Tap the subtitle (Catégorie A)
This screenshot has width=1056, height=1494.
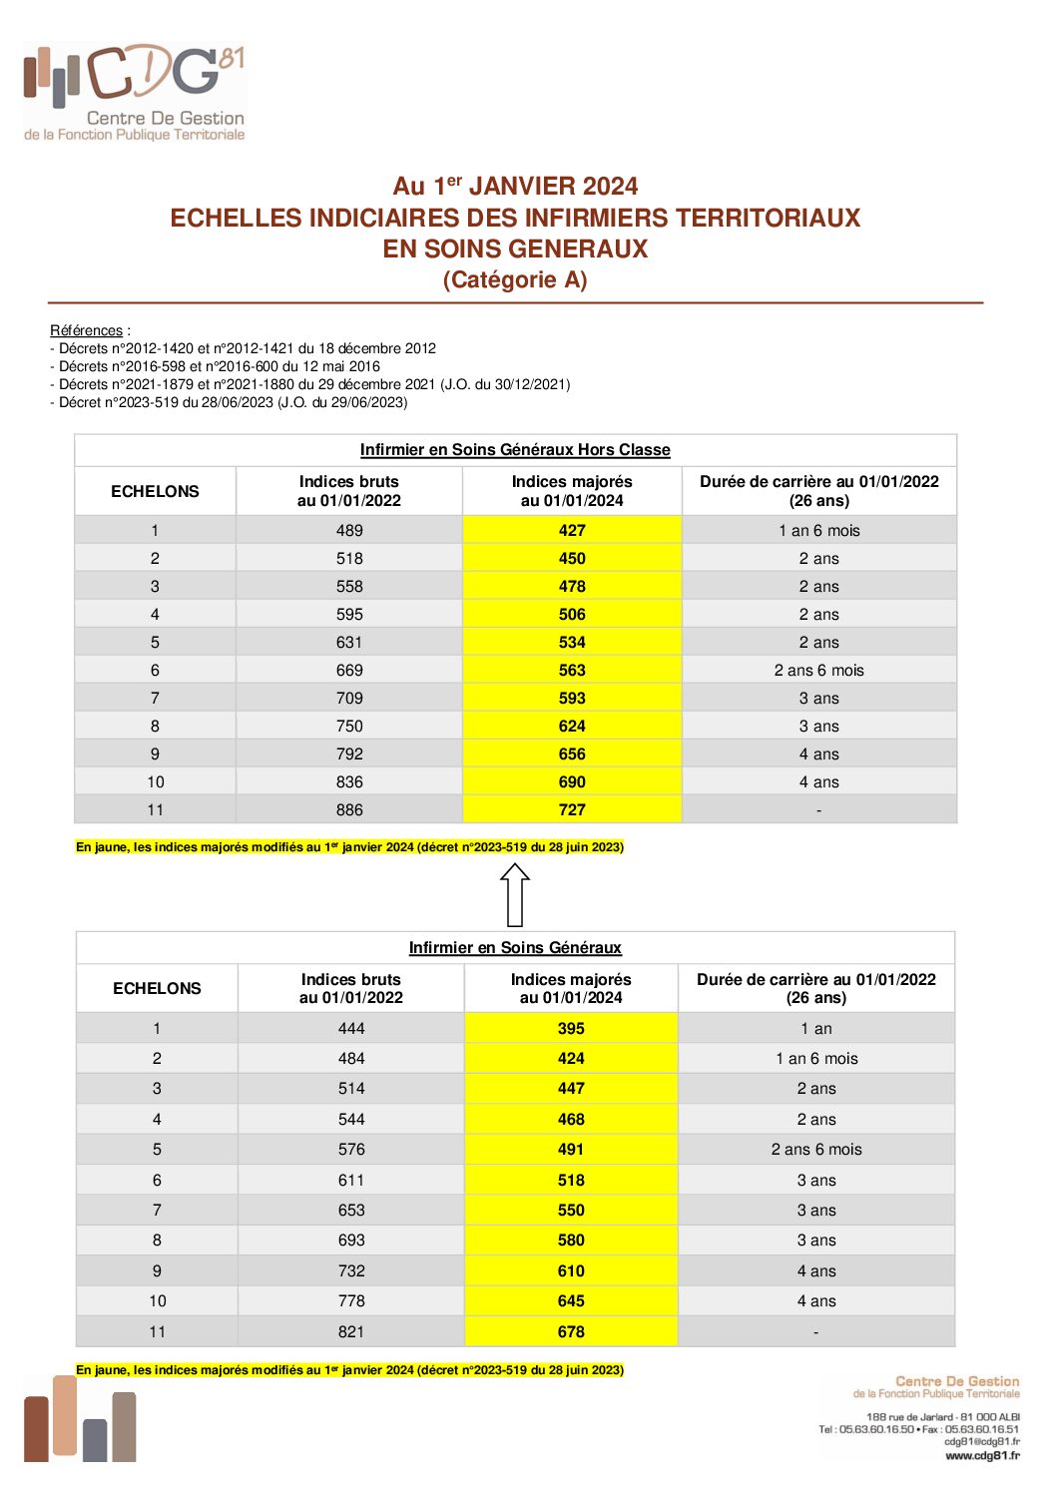[x=515, y=280]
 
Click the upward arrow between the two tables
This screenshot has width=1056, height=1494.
[x=515, y=894]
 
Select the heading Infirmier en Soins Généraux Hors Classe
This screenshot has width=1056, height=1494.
[x=515, y=450]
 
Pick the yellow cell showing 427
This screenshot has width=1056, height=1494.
[x=572, y=531]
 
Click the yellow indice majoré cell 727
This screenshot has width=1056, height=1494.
[x=572, y=810]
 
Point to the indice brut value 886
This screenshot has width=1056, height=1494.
[x=349, y=810]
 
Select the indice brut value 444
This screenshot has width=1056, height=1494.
[x=351, y=1029]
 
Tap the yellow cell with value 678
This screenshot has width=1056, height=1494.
[x=571, y=1332]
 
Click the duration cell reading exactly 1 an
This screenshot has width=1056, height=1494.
[x=816, y=1029]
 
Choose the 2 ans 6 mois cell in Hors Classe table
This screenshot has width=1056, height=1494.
[x=818, y=671]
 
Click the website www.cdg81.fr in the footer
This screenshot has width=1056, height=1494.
[x=982, y=1455]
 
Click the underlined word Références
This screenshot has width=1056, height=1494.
[x=86, y=330]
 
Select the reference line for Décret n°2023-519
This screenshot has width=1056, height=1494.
[x=229, y=402]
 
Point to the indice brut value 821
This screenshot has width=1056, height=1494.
[x=351, y=1332]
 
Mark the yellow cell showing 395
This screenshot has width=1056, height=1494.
[x=571, y=1029]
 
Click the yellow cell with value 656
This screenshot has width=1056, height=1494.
[x=572, y=754]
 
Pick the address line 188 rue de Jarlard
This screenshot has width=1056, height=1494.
[x=942, y=1417]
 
